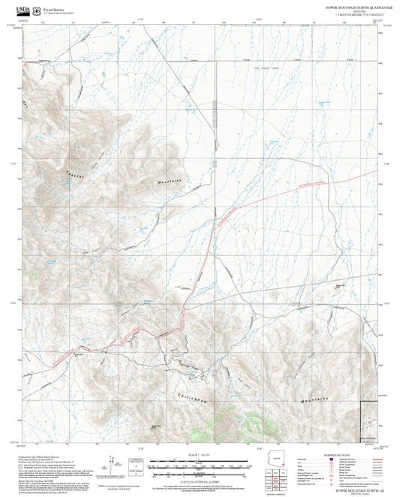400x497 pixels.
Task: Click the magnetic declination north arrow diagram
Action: (x=113, y=459)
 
